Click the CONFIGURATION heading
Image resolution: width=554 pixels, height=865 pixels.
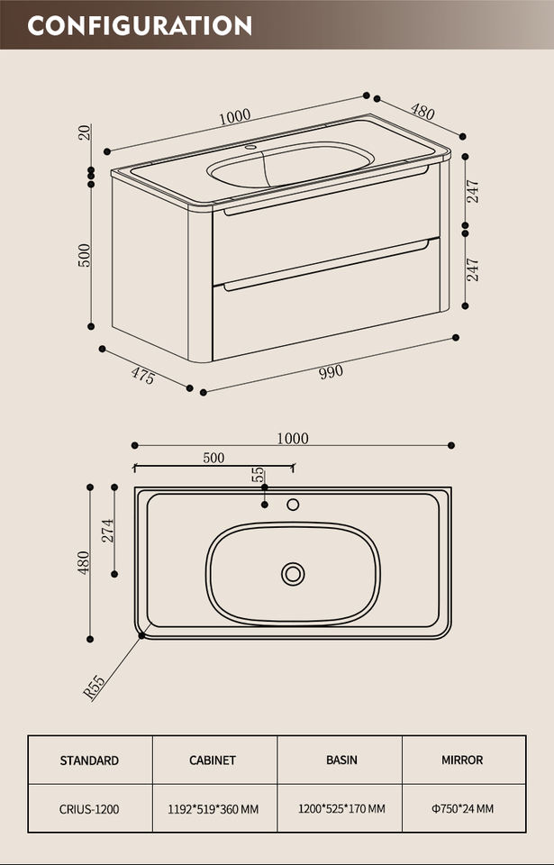tap(140, 25)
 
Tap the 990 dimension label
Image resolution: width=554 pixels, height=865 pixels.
tap(331, 371)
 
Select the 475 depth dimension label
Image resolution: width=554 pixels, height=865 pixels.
tap(142, 375)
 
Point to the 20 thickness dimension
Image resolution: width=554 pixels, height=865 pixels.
tap(85, 132)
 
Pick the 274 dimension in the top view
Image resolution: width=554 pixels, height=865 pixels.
tap(107, 530)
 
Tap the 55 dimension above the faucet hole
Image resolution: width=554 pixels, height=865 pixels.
tap(258, 474)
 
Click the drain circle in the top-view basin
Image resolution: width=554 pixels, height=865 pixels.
tap(293, 573)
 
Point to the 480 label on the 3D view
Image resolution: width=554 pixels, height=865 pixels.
tap(422, 112)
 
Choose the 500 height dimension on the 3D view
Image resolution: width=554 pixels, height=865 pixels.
tap(85, 255)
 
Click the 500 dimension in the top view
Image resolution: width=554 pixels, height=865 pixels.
tap(213, 458)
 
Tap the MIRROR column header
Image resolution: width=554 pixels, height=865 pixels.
tap(462, 760)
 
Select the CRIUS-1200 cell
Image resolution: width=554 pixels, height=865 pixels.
tap(89, 809)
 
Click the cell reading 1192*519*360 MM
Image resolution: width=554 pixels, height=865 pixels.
tap(213, 809)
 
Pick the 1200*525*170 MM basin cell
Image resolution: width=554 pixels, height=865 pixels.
tap(341, 809)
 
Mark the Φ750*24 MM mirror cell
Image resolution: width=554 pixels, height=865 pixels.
tap(462, 809)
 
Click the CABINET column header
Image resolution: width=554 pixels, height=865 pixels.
tap(213, 760)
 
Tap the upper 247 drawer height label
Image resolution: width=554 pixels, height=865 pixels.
tap(472, 191)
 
